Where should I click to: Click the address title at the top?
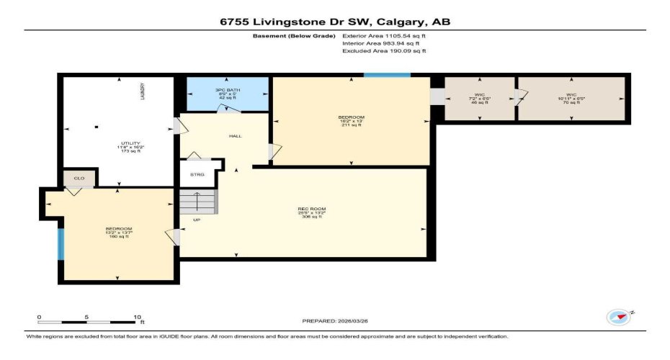[x=335, y=22]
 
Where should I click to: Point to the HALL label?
[x=235, y=135]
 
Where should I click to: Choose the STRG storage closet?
[x=197, y=174]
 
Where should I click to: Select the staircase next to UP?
[x=197, y=202]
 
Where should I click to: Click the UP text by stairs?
[x=195, y=220]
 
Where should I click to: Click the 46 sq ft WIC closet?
[x=479, y=99]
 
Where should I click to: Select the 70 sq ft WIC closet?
[x=571, y=99]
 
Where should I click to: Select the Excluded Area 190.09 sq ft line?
[x=384, y=51]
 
